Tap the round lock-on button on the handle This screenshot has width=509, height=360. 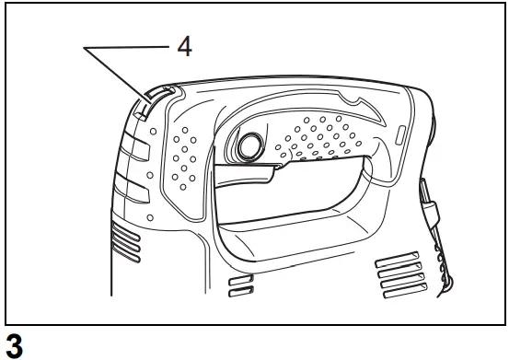click(247, 145)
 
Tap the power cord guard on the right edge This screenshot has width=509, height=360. click(434, 230)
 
